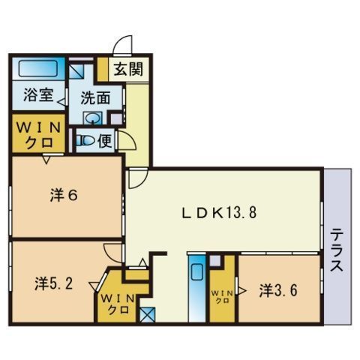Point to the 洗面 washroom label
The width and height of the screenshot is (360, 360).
pyautogui.click(x=95, y=97)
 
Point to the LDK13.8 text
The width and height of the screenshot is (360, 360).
pyautogui.click(x=220, y=212)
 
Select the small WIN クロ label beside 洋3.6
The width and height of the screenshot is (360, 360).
pyautogui.click(x=221, y=295)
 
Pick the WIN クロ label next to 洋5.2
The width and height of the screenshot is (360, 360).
pyautogui.click(x=115, y=303)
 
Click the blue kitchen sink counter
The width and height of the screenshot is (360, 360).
pyautogui.click(x=197, y=283)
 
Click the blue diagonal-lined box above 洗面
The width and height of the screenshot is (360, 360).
pyautogui.click(x=77, y=72)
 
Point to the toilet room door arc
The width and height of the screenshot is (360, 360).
pyautogui.click(x=127, y=142)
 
